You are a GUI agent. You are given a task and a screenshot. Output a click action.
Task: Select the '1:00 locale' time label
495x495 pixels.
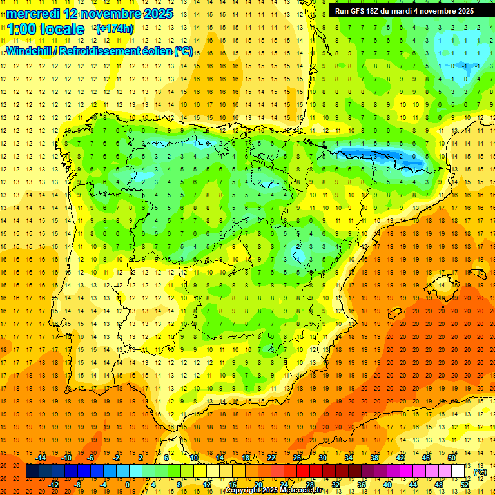(45, 29)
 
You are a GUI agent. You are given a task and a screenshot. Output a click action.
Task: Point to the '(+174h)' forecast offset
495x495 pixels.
(114, 29)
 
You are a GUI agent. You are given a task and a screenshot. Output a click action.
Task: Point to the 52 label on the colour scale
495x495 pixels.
(465, 485)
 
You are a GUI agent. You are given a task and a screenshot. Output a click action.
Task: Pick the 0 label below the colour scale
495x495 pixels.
(128, 485)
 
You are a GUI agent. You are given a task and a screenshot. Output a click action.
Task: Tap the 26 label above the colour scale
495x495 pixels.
(297, 458)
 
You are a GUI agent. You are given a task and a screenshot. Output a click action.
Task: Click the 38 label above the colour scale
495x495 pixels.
(374, 458)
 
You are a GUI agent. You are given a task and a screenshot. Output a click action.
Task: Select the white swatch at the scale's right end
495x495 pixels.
(458, 471)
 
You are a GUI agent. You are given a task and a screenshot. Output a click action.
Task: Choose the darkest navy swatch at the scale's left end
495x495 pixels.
(32, 471)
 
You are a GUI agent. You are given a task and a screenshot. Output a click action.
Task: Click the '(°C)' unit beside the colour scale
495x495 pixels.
(480, 472)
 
